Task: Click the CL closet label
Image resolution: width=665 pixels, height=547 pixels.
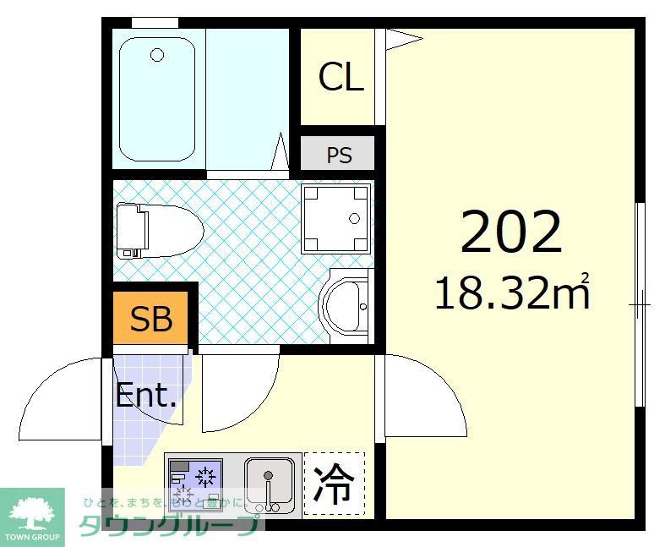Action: point(341,77)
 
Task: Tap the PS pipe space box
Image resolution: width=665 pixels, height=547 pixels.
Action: point(339,156)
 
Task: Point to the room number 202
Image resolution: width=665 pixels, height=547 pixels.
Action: point(510,233)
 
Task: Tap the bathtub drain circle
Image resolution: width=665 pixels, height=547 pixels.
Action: point(157,56)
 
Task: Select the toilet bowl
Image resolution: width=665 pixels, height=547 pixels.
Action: point(169,229)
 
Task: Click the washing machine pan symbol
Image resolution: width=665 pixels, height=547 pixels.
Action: point(337,219)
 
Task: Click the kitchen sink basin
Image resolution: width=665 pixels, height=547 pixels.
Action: point(270,484)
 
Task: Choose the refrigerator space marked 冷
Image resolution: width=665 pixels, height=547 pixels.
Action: point(335,484)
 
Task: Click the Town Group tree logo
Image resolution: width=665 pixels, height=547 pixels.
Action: point(31,512)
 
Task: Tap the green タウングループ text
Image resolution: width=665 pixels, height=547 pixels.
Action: point(169,526)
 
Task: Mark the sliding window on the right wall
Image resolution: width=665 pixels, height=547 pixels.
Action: point(640,301)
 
